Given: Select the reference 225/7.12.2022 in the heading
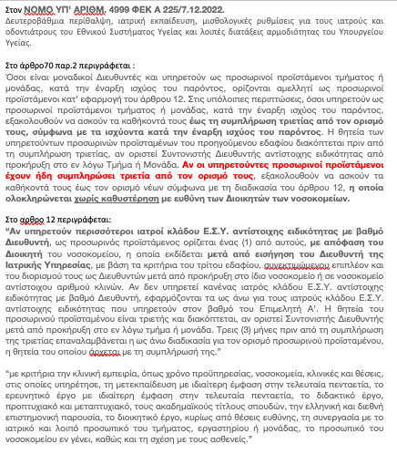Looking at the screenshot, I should (x=190, y=7).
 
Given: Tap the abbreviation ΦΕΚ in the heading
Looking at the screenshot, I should (x=143, y=7).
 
